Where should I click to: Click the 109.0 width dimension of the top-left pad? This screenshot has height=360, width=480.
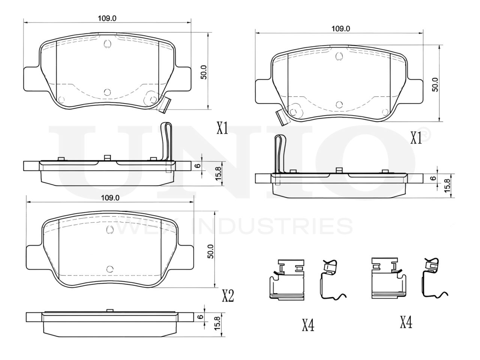(x=107, y=18)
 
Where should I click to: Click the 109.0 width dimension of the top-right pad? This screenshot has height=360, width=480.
(x=340, y=28)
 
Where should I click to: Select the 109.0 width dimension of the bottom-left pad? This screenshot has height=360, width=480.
(x=110, y=198)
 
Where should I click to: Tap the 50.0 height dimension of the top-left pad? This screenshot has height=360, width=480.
(x=204, y=72)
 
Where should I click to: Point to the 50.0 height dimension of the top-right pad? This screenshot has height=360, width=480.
(x=435, y=85)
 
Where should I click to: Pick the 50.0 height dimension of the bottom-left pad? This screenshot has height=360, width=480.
(x=210, y=251)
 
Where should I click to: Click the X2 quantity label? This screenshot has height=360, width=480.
(x=228, y=296)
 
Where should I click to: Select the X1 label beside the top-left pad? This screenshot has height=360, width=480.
(x=222, y=128)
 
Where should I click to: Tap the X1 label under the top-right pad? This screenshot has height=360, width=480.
(x=416, y=138)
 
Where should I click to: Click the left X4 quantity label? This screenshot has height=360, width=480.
(x=308, y=325)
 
